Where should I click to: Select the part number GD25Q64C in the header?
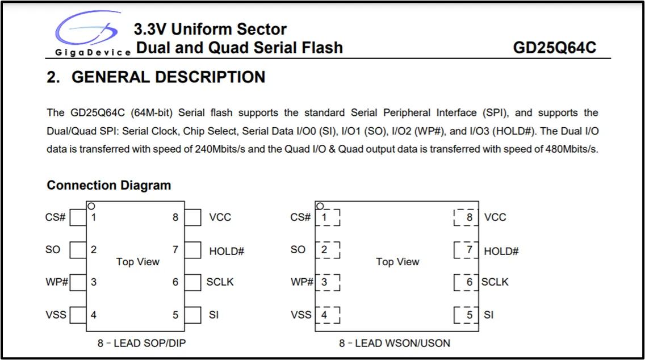(554, 47)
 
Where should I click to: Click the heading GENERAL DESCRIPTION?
(156, 77)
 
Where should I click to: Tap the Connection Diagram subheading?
(108, 185)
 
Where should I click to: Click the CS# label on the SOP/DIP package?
(56, 217)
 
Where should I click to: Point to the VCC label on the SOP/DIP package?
(220, 217)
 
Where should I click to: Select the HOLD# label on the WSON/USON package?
(501, 251)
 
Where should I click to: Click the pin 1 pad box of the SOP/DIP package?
(78, 217)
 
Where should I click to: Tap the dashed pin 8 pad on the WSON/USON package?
(466, 217)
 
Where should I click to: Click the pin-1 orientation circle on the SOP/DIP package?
(91, 206)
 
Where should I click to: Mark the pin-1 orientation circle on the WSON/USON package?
(320, 206)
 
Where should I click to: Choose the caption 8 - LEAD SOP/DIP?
(141, 343)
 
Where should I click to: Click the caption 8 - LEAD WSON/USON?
(395, 343)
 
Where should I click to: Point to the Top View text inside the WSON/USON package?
(397, 262)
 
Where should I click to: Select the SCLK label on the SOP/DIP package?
(220, 282)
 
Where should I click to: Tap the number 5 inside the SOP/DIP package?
(175, 315)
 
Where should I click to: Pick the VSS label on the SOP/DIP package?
(56, 315)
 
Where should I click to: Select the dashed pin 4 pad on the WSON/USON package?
(328, 315)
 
